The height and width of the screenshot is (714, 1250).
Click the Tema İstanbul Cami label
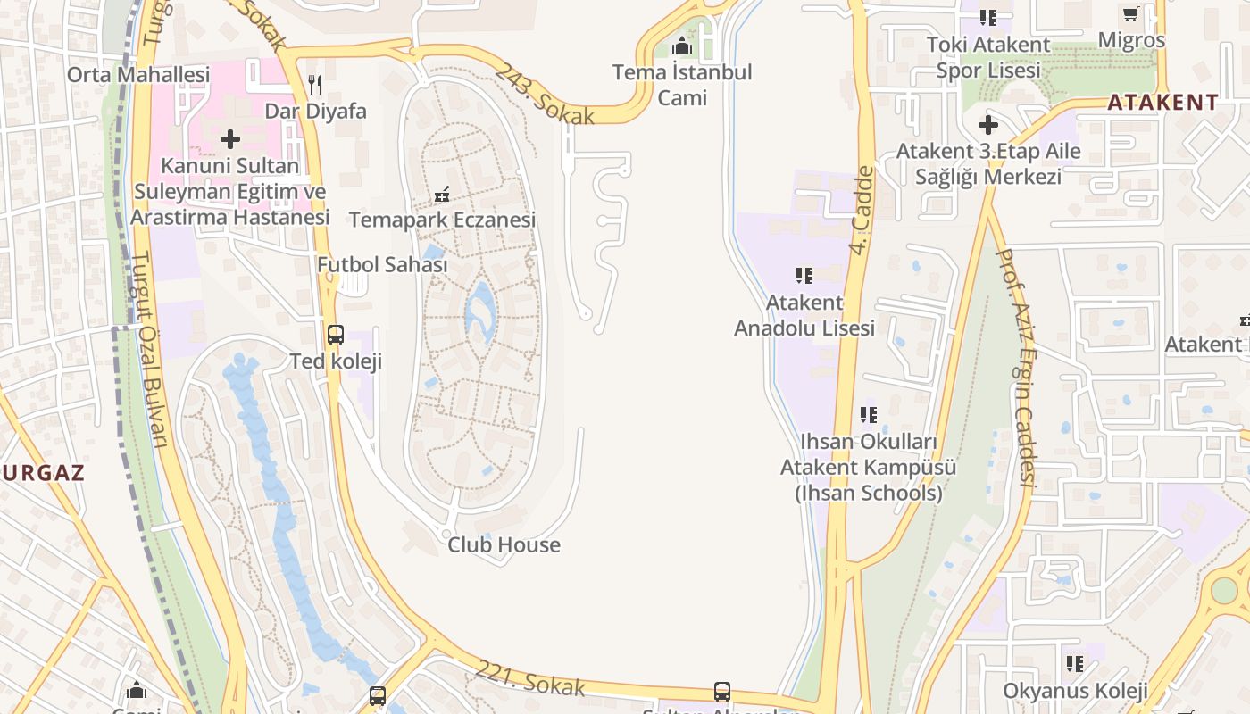pyautogui.click(x=682, y=85)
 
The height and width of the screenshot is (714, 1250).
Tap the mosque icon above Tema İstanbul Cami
pyautogui.click(x=682, y=46)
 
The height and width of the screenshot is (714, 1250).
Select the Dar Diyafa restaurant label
pyautogui.click(x=315, y=112)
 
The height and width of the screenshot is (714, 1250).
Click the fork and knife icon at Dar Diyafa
pyautogui.click(x=314, y=85)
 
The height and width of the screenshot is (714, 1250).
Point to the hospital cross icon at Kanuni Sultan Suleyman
pyautogui.click(x=230, y=139)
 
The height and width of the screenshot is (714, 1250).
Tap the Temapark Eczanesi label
pyautogui.click(x=442, y=220)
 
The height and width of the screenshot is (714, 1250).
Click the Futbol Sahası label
pyautogui.click(x=382, y=265)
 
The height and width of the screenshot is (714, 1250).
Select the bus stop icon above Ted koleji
pyautogui.click(x=336, y=335)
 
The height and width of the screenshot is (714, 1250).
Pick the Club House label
pyautogui.click(x=504, y=544)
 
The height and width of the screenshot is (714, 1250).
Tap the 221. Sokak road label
pyautogui.click(x=530, y=677)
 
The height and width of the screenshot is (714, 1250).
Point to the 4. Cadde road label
pyautogui.click(x=861, y=210)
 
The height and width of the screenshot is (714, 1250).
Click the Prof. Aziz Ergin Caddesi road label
pyautogui.click(x=1014, y=367)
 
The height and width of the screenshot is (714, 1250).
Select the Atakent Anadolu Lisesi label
pyautogui.click(x=804, y=315)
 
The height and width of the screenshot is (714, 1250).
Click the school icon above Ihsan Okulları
pyautogui.click(x=869, y=415)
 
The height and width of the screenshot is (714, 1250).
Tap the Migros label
pyautogui.click(x=1131, y=40)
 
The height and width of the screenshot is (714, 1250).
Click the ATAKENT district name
pyautogui.click(x=1162, y=102)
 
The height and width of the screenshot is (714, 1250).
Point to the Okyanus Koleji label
pyautogui.click(x=1075, y=691)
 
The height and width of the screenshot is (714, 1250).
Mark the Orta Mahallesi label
pyautogui.click(x=138, y=74)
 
